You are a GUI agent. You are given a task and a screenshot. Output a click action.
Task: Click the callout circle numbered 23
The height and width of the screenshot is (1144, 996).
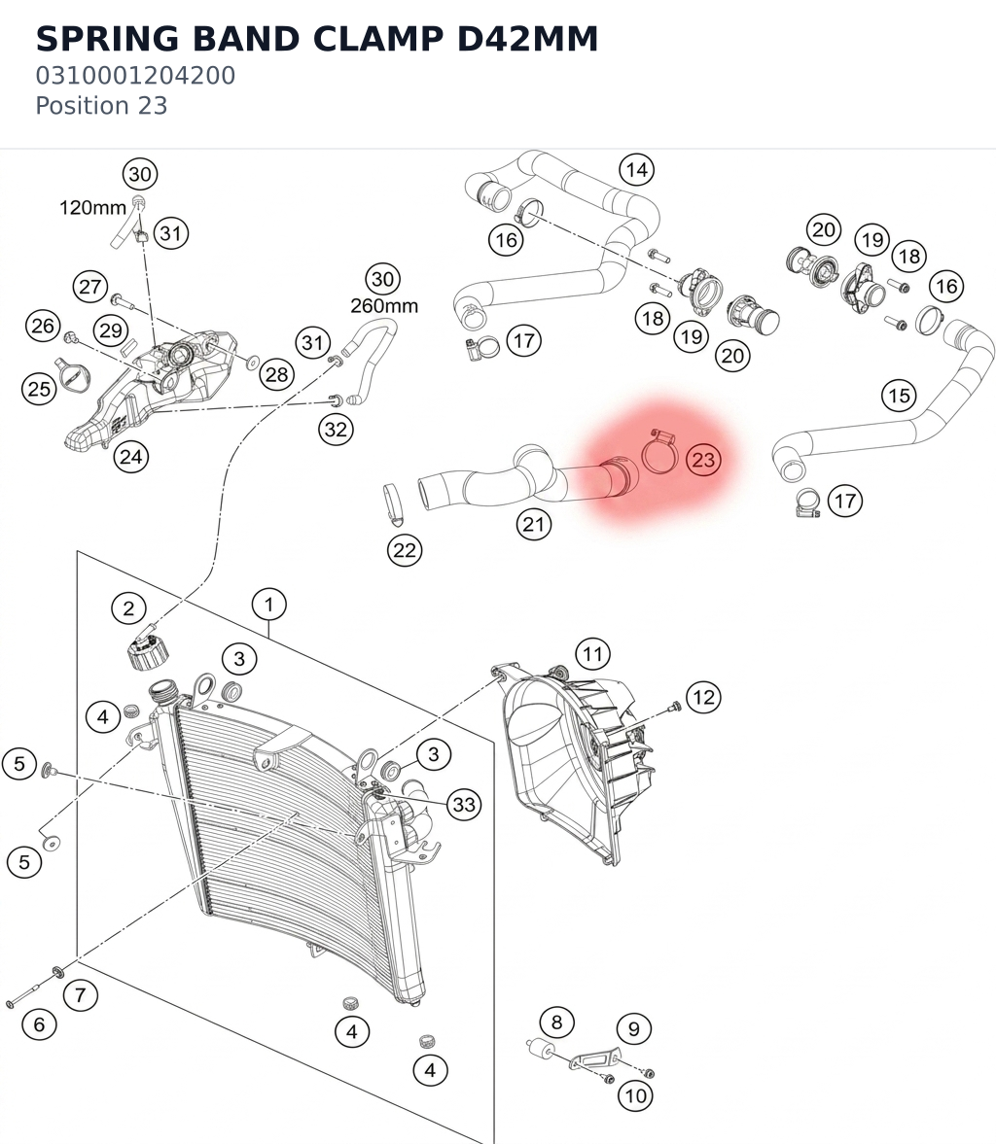[703, 460]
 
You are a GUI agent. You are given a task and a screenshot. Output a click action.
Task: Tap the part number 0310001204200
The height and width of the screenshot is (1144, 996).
[135, 75]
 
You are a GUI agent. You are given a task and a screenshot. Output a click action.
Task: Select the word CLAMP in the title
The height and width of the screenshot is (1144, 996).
[377, 39]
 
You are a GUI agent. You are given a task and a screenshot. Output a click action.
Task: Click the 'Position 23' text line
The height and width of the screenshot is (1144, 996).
[101, 106]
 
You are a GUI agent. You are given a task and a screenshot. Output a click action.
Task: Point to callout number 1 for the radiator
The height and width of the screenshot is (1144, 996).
[268, 605]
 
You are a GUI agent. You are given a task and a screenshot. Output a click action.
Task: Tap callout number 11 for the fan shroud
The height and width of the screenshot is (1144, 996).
[592, 654]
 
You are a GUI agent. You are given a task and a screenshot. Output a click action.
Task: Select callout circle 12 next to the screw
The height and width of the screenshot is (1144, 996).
[703, 698]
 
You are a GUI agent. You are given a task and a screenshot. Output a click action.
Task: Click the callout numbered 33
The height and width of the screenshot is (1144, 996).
[464, 805]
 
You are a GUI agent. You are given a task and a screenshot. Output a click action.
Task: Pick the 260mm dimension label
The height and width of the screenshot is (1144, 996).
[384, 306]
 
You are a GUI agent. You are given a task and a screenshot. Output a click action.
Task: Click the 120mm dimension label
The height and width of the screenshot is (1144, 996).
[92, 208]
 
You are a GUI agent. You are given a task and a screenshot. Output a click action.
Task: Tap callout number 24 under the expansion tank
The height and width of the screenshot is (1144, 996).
[130, 457]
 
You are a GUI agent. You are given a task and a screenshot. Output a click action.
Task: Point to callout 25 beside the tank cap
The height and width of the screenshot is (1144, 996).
[39, 389]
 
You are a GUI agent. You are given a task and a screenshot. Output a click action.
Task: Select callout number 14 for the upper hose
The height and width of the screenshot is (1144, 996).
[637, 170]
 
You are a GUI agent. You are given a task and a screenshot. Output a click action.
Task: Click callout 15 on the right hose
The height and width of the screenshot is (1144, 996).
[899, 396]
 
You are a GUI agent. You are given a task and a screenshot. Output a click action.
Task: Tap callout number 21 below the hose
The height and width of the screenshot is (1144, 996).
[533, 524]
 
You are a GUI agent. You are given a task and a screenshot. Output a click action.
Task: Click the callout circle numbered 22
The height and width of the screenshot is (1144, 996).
[405, 550]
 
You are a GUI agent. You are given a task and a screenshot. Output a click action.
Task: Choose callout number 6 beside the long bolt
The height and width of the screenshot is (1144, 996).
[39, 1024]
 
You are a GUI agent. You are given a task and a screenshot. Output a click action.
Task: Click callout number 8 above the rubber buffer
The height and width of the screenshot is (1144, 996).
[556, 1023]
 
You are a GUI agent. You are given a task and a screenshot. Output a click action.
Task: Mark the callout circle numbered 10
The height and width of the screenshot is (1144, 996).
[635, 1095]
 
